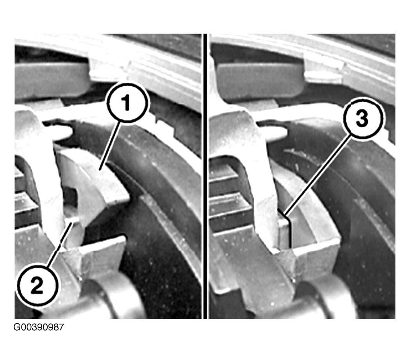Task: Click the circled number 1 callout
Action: pos(127,103)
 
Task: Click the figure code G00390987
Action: pos(39,327)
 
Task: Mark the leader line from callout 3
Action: pos(318,177)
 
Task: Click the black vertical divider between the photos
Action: pos(205,176)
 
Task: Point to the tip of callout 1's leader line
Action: pos(99,170)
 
